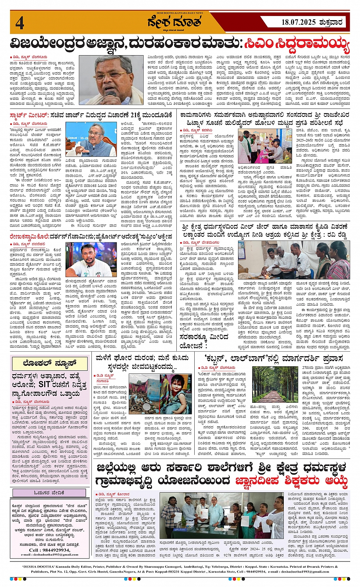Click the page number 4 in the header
point(19,23)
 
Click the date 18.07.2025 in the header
point(293,22)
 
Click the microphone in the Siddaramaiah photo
point(110,94)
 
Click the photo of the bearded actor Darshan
point(91,260)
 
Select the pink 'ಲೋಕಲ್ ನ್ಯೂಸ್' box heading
point(50,363)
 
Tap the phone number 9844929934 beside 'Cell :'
point(55,550)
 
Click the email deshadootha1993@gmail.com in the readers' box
point(52,555)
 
